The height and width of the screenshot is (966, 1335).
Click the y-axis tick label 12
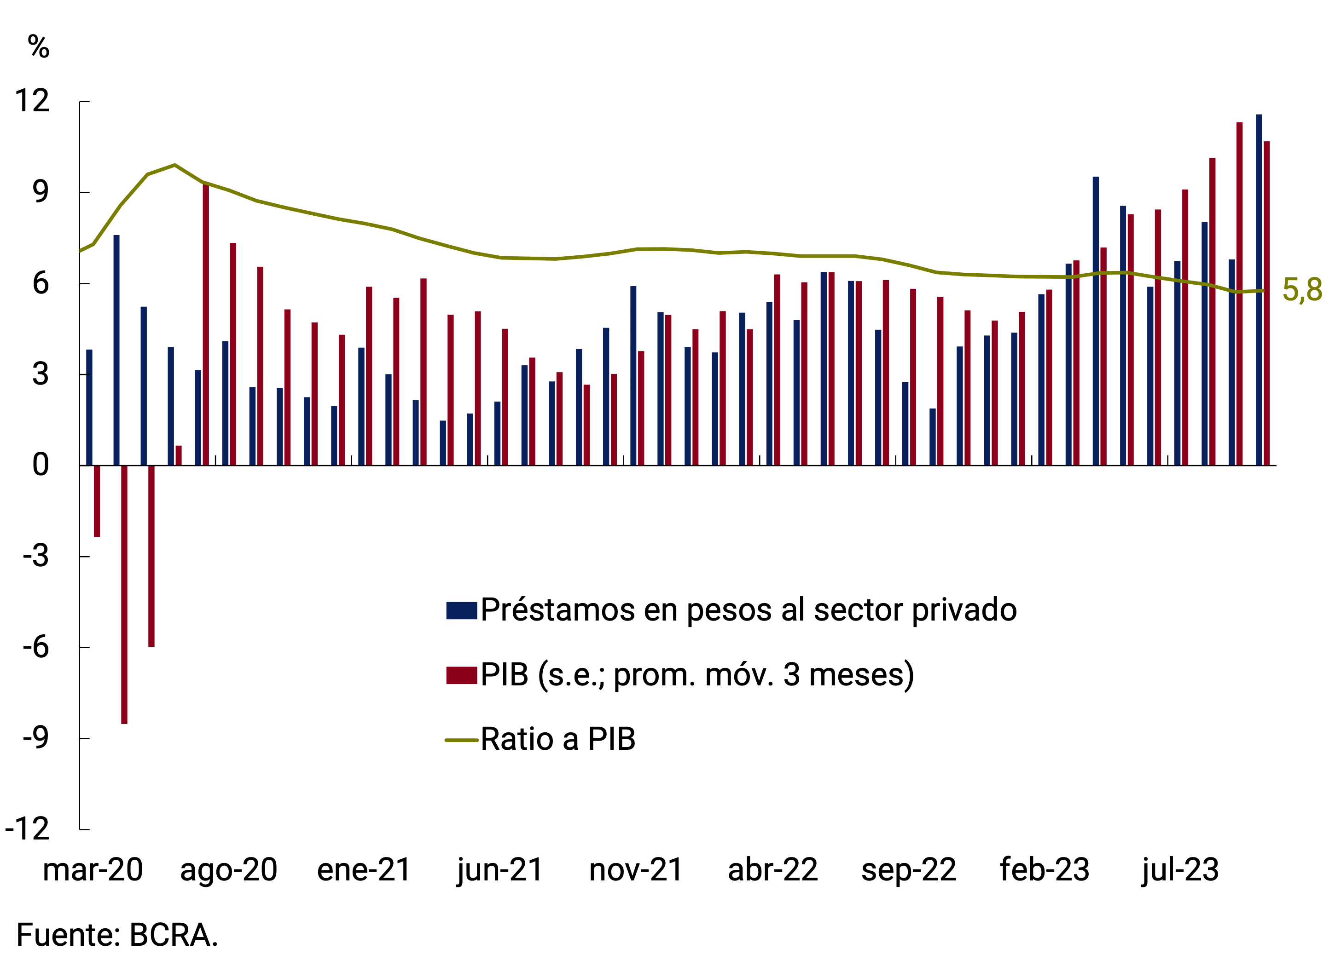32,101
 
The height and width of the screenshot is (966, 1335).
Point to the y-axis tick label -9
35,738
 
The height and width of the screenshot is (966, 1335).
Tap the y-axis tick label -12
27,829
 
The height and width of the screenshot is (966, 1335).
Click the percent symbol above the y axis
38,46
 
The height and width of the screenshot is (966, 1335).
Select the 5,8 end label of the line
1302,290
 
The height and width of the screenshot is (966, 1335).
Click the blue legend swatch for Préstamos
461,611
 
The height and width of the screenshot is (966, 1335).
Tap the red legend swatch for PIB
461,675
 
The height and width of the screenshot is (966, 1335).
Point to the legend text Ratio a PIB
558,740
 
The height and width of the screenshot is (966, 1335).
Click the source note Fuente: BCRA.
117,935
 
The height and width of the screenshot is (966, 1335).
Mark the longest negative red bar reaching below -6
124,594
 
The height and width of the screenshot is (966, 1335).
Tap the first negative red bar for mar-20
97,501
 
